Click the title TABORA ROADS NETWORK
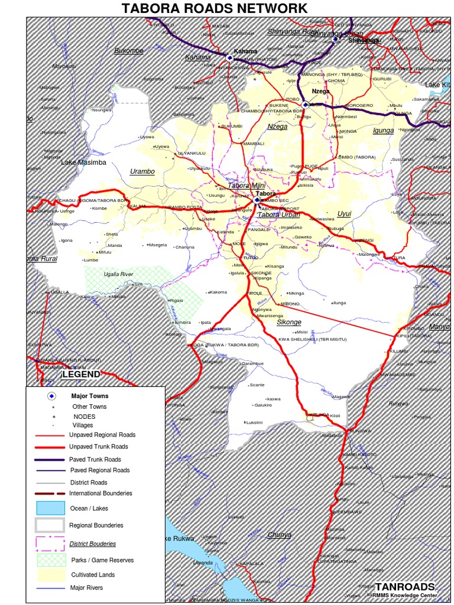coord(215,8)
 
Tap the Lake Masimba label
coord(84,162)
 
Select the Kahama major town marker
coord(229,57)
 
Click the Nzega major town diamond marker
coord(305,105)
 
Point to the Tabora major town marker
coord(257,200)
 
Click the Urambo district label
coord(142,171)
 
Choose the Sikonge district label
coord(289,323)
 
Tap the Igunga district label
coord(383,131)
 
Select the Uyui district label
coord(344,213)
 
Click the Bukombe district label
coord(129,51)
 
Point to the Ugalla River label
coord(118,274)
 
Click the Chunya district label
coord(279,534)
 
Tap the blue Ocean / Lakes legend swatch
coord(50,508)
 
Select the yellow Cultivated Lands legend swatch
coord(50,574)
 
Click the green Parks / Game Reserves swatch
coord(50,559)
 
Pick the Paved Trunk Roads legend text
coord(95,459)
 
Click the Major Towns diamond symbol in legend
coord(52,396)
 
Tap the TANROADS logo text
coord(405,587)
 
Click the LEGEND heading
coord(81,374)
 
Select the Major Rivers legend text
coord(86,588)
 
